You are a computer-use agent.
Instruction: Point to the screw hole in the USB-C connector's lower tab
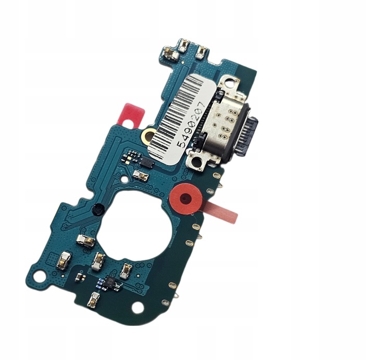pyautogui.click(x=198, y=162)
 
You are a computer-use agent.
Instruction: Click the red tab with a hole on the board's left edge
pyautogui.click(x=131, y=114)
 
